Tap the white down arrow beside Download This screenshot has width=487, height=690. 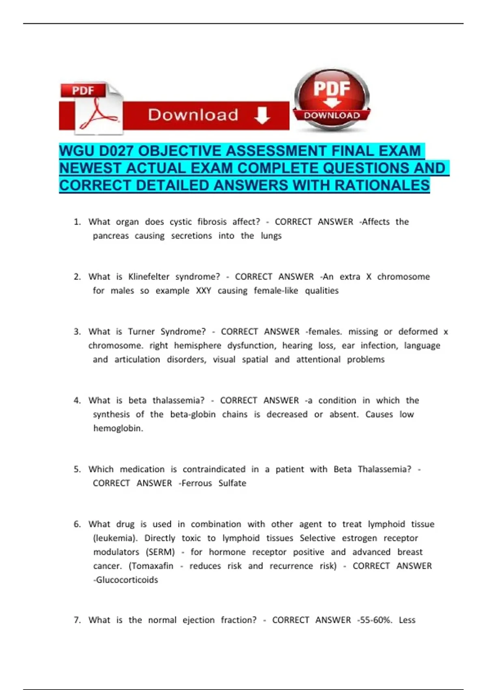[262, 115]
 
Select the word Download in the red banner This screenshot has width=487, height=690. [193, 115]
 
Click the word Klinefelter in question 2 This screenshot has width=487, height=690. [149, 277]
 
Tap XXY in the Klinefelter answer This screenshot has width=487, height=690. [203, 291]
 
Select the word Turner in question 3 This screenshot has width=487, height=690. [141, 332]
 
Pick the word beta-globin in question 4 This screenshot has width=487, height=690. [193, 414]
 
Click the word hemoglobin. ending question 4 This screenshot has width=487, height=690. [118, 428]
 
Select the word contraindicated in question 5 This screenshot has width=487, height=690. [214, 469]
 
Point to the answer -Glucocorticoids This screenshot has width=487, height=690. [125, 580]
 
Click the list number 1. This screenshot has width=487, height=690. [77, 222]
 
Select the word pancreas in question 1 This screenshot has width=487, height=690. [110, 236]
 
